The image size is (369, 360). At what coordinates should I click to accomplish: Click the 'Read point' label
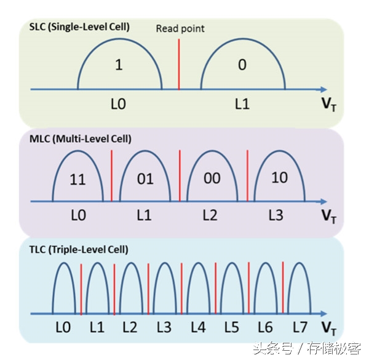coord(180,28)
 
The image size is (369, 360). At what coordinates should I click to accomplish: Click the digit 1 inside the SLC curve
coord(119,65)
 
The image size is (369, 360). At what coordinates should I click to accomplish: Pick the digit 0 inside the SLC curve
coord(242,65)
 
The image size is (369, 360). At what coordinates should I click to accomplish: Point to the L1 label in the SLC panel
coord(242,104)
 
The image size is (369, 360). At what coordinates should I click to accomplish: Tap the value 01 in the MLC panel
coord(145,179)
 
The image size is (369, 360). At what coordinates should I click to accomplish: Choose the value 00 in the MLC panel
coord(212,179)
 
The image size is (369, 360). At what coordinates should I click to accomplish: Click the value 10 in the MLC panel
coord(279,178)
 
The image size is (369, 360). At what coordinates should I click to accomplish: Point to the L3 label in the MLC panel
coord(277,216)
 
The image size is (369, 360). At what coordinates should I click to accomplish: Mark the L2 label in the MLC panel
coord(210,216)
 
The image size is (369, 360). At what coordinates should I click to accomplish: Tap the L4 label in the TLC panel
coord(197,327)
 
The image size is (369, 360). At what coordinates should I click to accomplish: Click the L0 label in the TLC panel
coord(63,327)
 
